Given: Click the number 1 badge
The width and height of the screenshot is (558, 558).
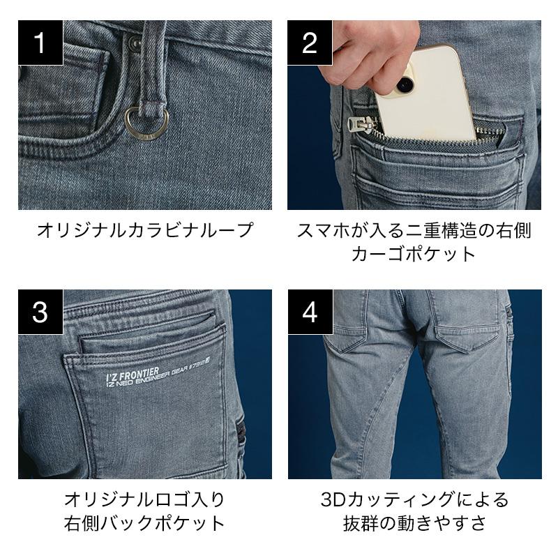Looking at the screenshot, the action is click(x=40, y=43).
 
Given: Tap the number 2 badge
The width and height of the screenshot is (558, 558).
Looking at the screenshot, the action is click(x=310, y=43).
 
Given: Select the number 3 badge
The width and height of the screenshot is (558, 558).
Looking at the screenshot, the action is click(x=40, y=312).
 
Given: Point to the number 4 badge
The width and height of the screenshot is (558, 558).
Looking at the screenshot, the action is click(x=310, y=312).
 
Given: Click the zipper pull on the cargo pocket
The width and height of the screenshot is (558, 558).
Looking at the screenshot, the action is click(x=362, y=125).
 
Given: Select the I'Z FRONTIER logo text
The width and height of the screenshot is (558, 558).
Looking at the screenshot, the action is click(x=133, y=376).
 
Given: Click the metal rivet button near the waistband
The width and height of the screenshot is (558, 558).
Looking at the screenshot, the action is click(x=134, y=42).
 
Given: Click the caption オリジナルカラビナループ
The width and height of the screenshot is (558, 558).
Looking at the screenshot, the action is click(x=145, y=230).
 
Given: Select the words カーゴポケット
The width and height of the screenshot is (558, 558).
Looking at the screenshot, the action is click(x=414, y=254).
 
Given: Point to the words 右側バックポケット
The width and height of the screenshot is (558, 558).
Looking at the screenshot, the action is click(x=145, y=523).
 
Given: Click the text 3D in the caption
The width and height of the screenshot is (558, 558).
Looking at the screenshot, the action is click(x=333, y=499).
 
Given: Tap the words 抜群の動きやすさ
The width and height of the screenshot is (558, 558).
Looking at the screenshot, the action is click(x=414, y=523).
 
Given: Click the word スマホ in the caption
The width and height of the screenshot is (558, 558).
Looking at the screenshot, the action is click(x=323, y=231).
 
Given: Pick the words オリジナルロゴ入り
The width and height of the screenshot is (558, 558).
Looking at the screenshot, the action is click(x=145, y=499).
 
